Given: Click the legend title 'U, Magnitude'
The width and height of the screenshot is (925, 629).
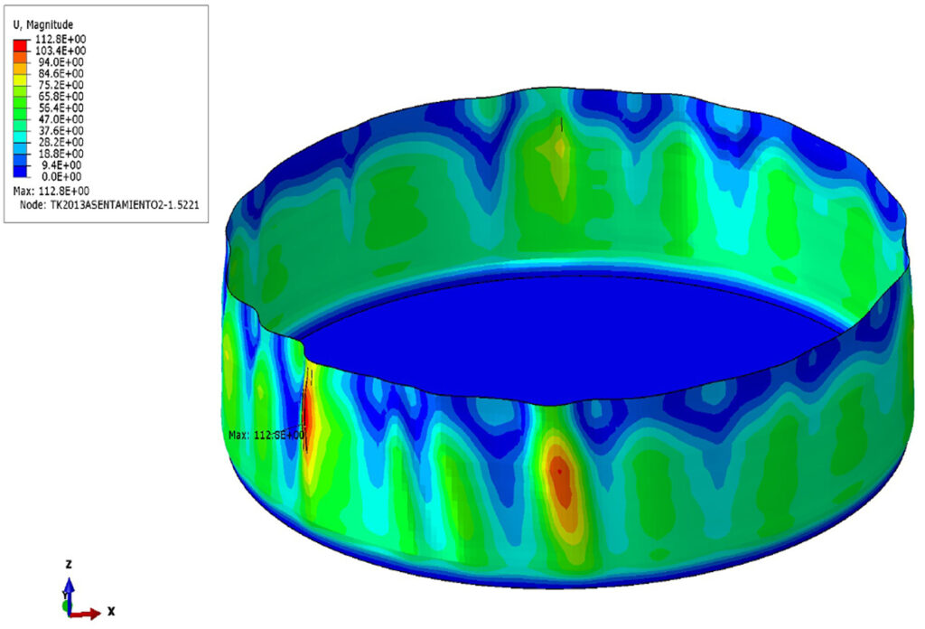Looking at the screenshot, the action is (43, 24).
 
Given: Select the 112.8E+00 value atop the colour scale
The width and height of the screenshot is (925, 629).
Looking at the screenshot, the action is (61, 39).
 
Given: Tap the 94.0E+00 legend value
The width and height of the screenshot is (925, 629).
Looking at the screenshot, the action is (61, 62).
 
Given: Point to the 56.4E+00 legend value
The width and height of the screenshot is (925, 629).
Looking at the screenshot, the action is (61, 108).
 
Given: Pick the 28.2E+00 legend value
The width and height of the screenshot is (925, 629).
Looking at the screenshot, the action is (61, 142).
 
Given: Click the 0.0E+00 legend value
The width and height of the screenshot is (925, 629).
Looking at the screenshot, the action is (62, 176).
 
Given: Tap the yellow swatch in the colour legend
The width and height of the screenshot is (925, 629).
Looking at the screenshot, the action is (20, 79).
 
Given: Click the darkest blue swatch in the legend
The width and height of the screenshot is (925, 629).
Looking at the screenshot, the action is (20, 171).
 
